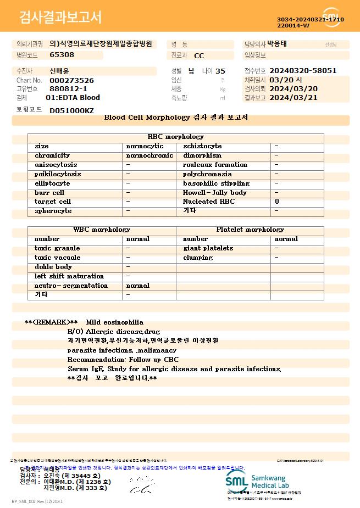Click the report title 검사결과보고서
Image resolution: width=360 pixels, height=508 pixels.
(60, 18)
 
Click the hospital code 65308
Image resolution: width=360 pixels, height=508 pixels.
(62, 55)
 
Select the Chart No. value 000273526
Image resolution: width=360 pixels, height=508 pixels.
(71, 80)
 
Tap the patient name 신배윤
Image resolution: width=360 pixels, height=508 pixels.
(60, 71)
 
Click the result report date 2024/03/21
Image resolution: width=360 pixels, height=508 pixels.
(294, 98)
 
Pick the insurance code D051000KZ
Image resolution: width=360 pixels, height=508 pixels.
(71, 110)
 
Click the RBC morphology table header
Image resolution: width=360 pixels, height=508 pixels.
(176, 137)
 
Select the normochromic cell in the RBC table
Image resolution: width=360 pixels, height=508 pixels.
(149, 155)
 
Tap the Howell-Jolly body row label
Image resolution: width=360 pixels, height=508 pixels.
(214, 193)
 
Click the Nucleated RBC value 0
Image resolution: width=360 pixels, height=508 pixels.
(277, 202)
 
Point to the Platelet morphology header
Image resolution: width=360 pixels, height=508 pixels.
(250, 230)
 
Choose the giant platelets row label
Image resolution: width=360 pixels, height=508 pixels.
(208, 248)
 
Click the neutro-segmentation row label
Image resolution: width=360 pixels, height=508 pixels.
(71, 286)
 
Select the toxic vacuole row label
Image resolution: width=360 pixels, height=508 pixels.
(57, 258)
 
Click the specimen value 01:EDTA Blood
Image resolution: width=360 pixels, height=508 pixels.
(73, 98)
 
